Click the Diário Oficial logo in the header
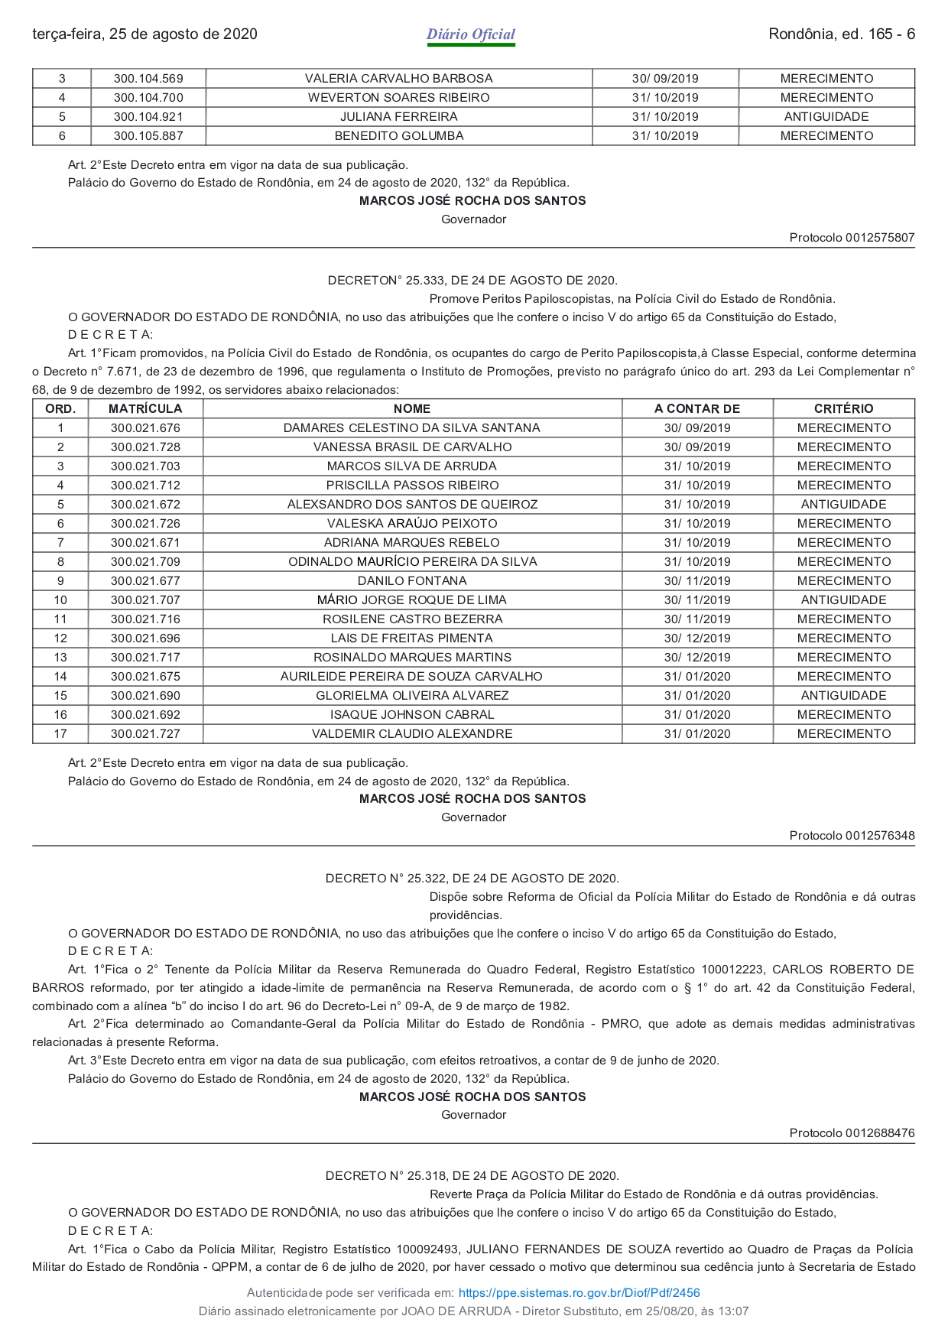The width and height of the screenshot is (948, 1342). tap(471, 34)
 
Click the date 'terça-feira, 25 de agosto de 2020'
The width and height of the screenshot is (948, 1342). tap(144, 34)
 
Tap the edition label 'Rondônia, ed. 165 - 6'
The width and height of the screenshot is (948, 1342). tap(841, 34)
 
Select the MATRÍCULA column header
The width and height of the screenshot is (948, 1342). tap(145, 408)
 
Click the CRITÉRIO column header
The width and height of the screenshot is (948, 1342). tap(843, 408)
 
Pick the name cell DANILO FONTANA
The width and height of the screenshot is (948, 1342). tap(412, 580)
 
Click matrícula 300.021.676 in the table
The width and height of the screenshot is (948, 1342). tap(145, 427)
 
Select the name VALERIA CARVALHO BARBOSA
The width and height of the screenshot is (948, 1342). tap(398, 78)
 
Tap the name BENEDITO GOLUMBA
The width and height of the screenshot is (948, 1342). tap(398, 135)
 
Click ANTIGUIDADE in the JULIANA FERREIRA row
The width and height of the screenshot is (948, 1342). tap(826, 116)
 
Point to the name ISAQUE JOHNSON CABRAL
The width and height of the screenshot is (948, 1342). tap(412, 714)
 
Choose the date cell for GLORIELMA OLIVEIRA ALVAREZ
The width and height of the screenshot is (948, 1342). tap(697, 695)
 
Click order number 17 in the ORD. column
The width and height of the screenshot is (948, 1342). tap(60, 733)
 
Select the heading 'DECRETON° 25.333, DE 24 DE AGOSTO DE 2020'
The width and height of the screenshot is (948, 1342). tap(472, 281)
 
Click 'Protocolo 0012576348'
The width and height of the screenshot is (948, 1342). tap(852, 836)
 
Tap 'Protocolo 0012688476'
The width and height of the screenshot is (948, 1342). tap(852, 1133)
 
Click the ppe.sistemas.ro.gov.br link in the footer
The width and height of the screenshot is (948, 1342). tap(579, 1293)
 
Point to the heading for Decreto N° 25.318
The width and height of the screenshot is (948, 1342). tap(472, 1176)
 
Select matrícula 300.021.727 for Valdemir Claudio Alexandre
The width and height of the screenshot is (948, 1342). tap(145, 733)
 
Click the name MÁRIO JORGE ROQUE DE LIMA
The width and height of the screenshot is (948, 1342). tap(412, 600)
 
